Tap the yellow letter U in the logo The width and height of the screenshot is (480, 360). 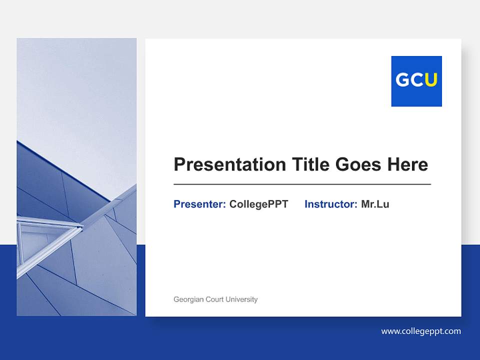click(431, 80)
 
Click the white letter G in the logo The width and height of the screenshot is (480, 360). click(402, 80)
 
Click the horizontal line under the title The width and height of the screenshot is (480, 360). click(302, 184)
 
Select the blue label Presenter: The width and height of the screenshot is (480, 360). click(199, 204)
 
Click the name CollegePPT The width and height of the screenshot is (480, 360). click(258, 204)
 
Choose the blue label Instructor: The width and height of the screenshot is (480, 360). click(330, 204)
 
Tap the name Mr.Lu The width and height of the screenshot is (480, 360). click(375, 204)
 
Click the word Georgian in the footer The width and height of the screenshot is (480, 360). click(188, 299)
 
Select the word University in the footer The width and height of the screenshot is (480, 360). click(241, 299)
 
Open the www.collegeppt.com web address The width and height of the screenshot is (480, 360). click(421, 331)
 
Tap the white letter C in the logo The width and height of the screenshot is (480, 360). click(417, 80)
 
